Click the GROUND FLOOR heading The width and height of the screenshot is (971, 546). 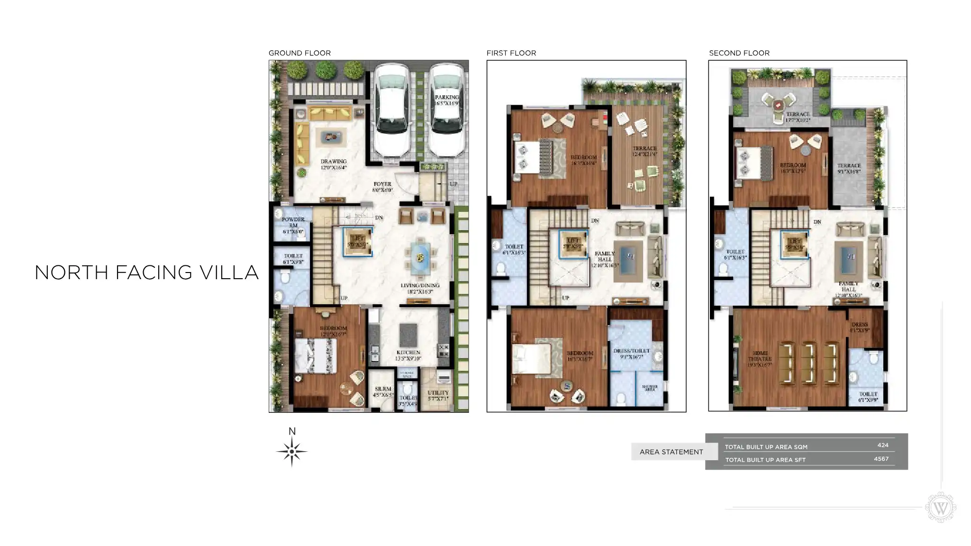(299, 53)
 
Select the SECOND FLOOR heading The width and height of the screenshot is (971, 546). (739, 53)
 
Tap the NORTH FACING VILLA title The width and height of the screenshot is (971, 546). (146, 273)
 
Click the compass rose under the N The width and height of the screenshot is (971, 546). (292, 452)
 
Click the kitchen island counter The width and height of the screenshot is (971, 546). (408, 335)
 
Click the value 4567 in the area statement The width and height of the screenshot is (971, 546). (881, 459)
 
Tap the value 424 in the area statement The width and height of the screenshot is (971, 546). (882, 445)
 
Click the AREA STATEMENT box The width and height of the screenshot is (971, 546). (671, 452)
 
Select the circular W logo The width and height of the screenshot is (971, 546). (941, 508)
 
